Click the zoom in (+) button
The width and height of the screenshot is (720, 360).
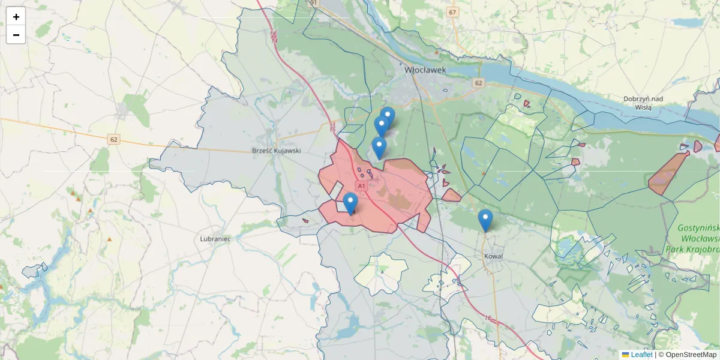click(16, 17)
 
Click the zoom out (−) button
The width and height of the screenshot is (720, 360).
click(16, 35)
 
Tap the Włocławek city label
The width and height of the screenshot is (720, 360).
click(425, 70)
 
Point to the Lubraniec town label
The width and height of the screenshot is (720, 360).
click(215, 238)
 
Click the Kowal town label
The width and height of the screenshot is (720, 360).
click(493, 256)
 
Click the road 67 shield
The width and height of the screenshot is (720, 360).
click(452, 12)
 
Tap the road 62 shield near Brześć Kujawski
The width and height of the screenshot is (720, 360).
click(114, 139)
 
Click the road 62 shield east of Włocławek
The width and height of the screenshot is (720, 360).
click(478, 83)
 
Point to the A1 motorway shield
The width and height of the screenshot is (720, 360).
click(362, 186)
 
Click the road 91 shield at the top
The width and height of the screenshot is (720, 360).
click(313, 3)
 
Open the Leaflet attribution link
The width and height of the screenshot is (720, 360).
click(641, 355)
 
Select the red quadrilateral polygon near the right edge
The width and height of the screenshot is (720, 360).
click(667, 174)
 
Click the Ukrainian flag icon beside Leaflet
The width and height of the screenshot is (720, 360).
click(625, 355)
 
